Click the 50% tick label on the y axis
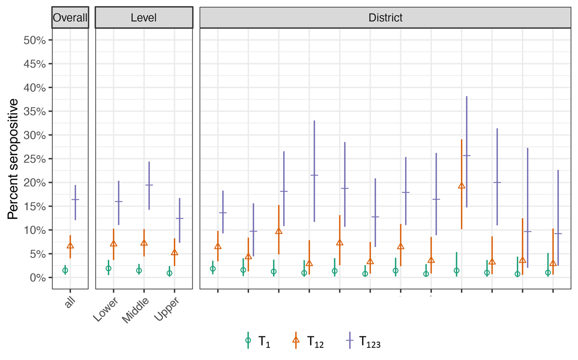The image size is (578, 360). click(34, 40)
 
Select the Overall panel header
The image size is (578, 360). click(70, 18)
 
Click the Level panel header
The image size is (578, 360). click(144, 18)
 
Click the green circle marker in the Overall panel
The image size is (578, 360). click(65, 270)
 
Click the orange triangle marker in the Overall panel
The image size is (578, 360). click(70, 245)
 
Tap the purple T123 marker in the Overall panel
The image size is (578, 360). click(75, 199)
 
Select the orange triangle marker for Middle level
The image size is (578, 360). click(144, 243)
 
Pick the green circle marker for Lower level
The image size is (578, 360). click(108, 269)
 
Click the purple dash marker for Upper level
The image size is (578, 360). click(179, 219)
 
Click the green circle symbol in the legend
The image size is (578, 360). click(248, 340)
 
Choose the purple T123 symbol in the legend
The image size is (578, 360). click(349, 340)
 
